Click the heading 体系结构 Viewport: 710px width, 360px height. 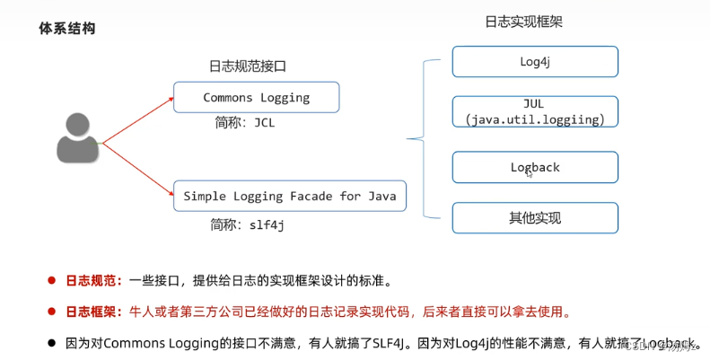tap(66, 29)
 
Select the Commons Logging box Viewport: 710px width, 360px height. tap(256, 97)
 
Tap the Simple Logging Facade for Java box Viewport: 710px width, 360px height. tap(289, 195)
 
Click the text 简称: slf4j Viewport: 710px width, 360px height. tap(248, 224)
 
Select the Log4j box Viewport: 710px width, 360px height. tap(535, 62)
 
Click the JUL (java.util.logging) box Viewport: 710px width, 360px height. tap(535, 111)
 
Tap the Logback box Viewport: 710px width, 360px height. tap(535, 167)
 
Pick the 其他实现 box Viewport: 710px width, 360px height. tap(535, 217)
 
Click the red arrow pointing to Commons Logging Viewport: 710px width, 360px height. tap(138, 119)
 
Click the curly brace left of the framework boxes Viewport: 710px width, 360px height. tap(417, 139)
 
